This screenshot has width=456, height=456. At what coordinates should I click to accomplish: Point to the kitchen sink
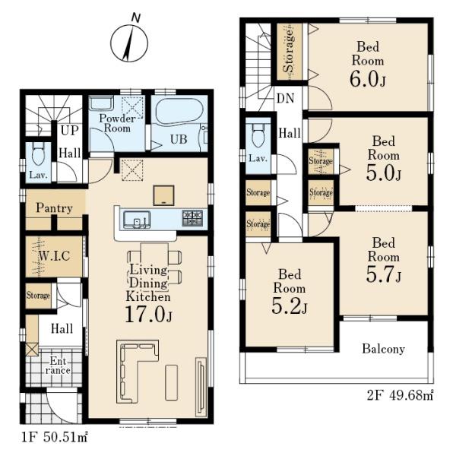[137, 220]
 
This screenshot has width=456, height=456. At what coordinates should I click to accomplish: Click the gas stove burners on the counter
[192, 218]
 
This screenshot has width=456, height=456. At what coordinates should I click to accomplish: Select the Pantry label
[54, 208]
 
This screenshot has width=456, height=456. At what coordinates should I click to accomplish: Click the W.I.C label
[55, 256]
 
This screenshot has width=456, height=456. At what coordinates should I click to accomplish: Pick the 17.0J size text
[148, 315]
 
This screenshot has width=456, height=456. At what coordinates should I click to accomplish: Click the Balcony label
[383, 349]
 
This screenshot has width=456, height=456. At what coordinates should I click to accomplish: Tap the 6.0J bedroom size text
[368, 79]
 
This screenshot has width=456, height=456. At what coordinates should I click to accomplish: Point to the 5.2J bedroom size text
[289, 306]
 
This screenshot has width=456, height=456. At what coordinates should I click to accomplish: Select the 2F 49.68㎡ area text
[401, 395]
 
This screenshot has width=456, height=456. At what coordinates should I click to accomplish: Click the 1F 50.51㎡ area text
[55, 436]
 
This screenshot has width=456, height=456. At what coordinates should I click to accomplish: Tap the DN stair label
[285, 98]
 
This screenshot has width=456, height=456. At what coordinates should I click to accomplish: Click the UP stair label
[70, 131]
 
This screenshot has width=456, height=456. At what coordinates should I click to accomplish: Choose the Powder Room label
[117, 123]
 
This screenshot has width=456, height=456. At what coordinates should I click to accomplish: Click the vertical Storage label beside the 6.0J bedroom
[289, 51]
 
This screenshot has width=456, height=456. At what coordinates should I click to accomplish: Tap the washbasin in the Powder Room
[101, 104]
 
